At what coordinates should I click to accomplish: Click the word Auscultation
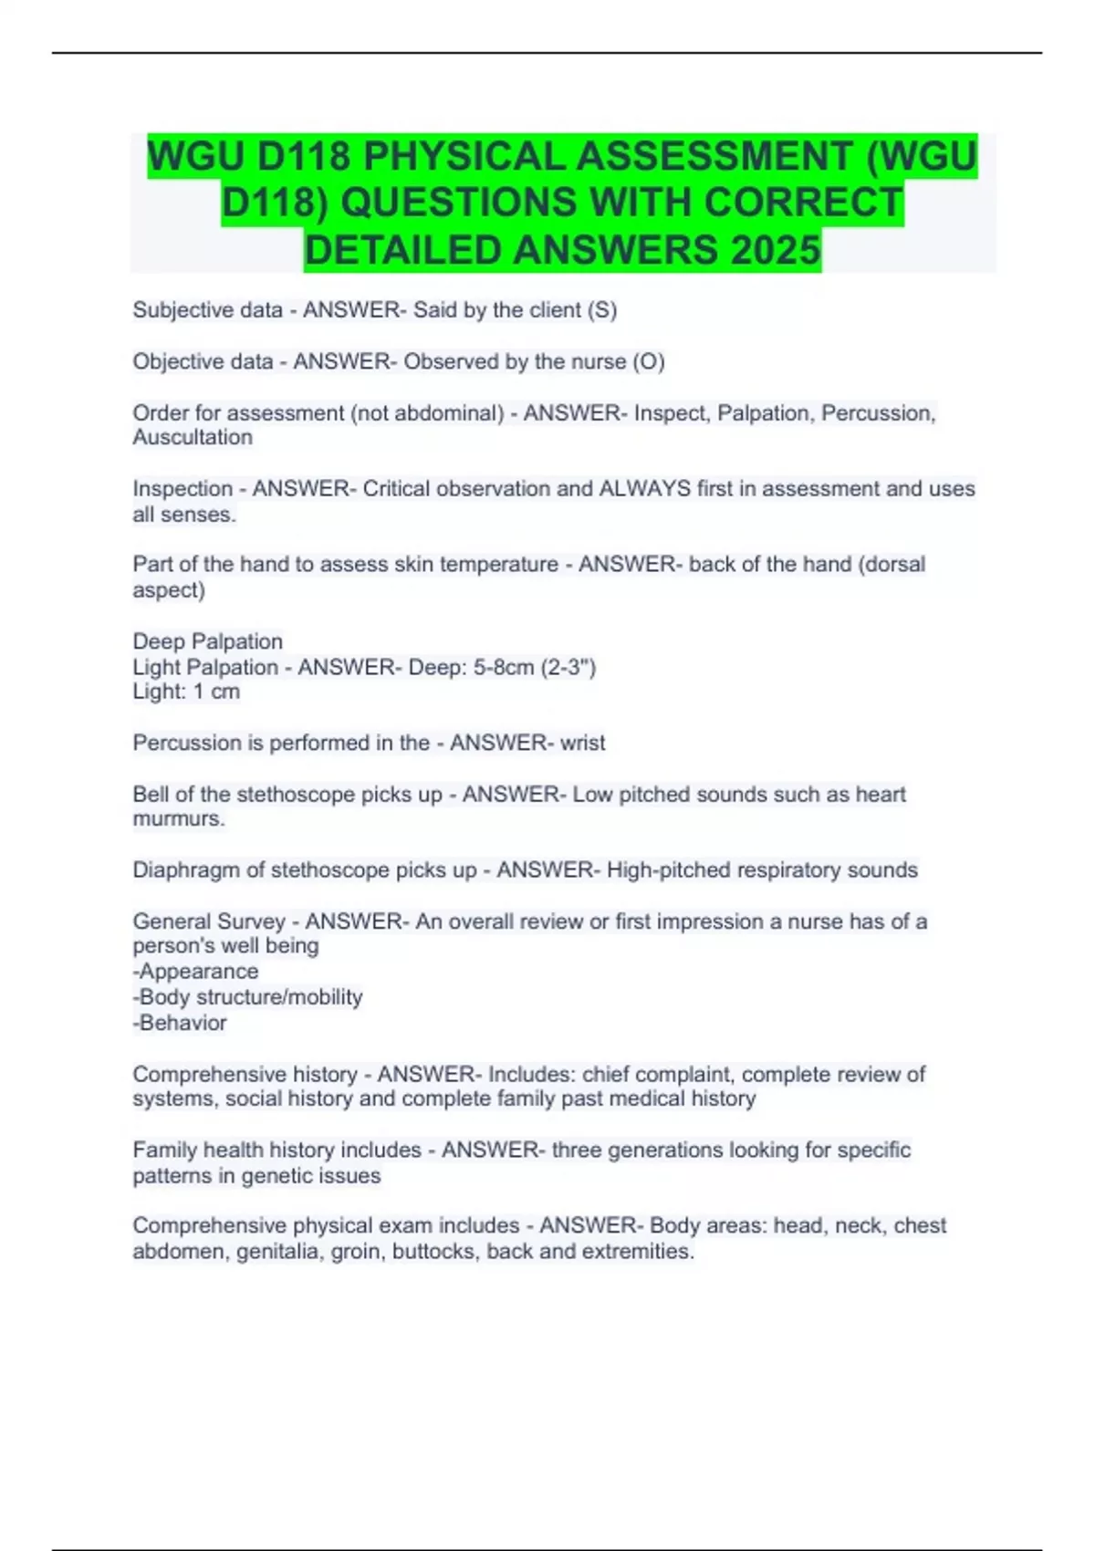pyautogui.click(x=193, y=438)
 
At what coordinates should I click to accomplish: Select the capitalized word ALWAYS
pyautogui.click(x=644, y=489)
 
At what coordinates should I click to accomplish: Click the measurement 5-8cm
pyautogui.click(x=504, y=667)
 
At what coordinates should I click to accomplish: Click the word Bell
pyautogui.click(x=150, y=794)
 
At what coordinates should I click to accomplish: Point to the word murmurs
pyautogui.click(x=178, y=819)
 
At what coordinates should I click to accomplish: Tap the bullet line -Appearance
pyautogui.click(x=195, y=972)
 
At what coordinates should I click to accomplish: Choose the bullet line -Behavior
pyautogui.click(x=180, y=1023)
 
